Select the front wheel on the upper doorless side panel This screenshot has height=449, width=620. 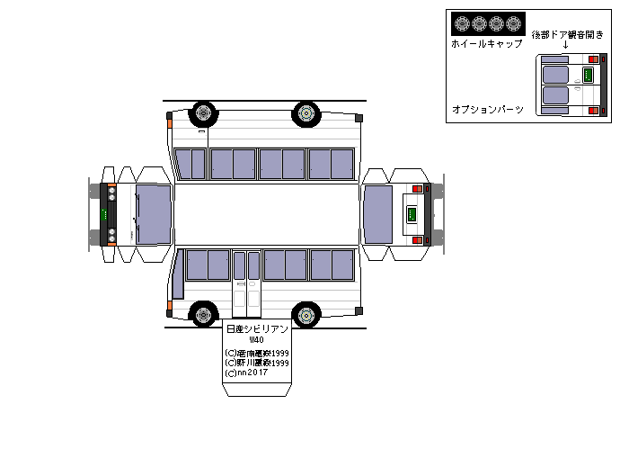tap(204, 113)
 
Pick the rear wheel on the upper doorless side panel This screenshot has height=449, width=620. tap(307, 113)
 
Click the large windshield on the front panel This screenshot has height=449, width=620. tap(153, 215)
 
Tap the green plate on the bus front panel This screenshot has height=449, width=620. tap(104, 215)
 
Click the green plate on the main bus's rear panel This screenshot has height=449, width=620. tap(411, 215)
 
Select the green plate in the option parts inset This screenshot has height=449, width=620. tap(588, 75)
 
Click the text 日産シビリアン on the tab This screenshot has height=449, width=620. tap(257, 330)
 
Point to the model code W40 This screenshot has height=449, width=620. tap(257, 341)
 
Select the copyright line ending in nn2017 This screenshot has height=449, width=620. tap(247, 373)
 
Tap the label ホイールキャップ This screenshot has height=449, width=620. tap(486, 43)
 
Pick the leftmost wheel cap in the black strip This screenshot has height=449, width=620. tap(460, 24)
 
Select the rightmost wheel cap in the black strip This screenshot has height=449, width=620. tap(513, 24)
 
